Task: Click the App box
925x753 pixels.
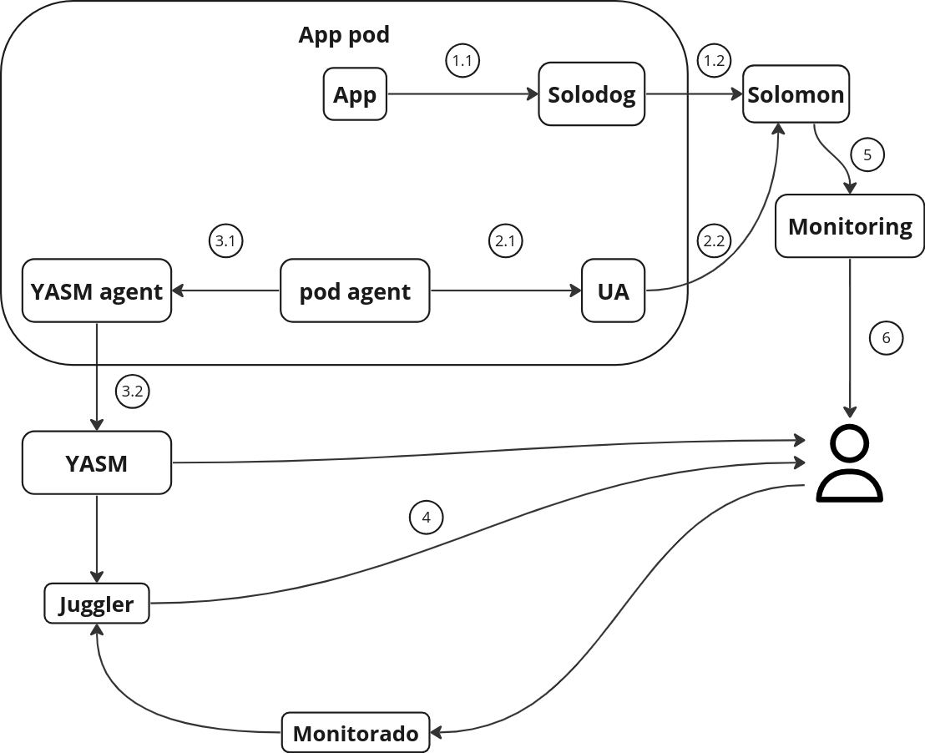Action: click(x=355, y=95)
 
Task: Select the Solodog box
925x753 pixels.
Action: click(x=591, y=95)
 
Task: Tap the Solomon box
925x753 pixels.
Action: click(x=796, y=94)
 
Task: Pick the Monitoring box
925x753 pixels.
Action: click(x=850, y=226)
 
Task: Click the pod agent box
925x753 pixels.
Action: click(x=355, y=291)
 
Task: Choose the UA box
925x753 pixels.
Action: click(x=614, y=291)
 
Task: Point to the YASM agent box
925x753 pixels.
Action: click(x=97, y=291)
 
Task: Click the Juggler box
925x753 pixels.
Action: click(x=97, y=604)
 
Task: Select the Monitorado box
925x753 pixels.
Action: click(x=356, y=734)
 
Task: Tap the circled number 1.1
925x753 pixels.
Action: click(x=462, y=61)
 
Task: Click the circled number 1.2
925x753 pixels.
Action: click(x=713, y=61)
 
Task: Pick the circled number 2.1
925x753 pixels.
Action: click(x=504, y=242)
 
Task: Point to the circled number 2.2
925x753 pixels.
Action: click(x=713, y=242)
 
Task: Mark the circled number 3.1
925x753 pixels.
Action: click(x=224, y=242)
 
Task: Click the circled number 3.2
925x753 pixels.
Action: click(x=132, y=391)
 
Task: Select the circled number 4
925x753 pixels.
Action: click(x=426, y=518)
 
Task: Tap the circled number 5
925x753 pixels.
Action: click(x=867, y=154)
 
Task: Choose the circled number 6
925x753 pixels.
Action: click(x=886, y=338)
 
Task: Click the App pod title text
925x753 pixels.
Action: click(x=344, y=36)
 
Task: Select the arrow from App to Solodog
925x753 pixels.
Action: click(x=463, y=95)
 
